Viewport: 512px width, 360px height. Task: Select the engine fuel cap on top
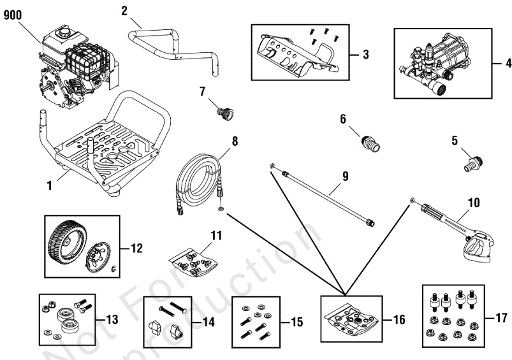click(x=64, y=31)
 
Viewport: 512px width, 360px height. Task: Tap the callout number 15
click(x=296, y=321)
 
